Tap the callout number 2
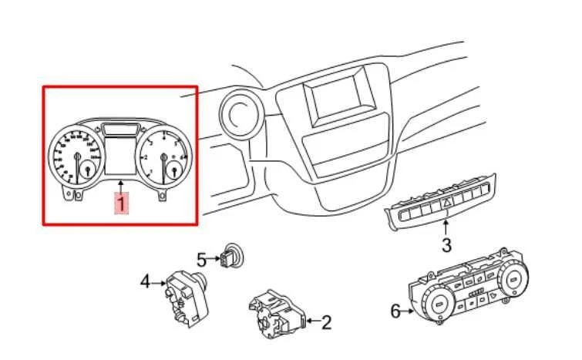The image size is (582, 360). [326, 323]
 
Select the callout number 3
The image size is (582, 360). [446, 246]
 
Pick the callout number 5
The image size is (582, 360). [200, 259]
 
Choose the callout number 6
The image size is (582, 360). [395, 312]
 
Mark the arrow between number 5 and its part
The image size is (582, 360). [214, 258]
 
